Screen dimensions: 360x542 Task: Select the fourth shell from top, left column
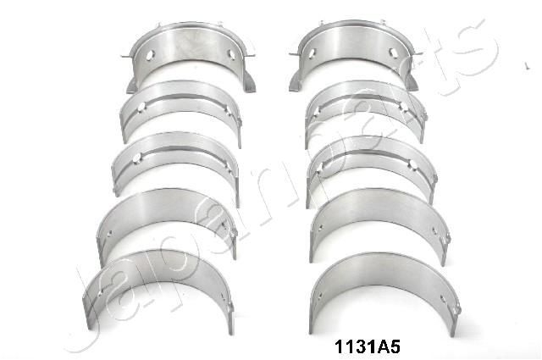[x=166, y=215]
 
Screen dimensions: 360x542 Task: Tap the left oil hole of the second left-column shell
[x=143, y=107]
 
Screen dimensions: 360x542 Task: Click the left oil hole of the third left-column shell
[x=138, y=156]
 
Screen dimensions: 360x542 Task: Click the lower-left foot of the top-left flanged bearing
[x=133, y=85]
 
